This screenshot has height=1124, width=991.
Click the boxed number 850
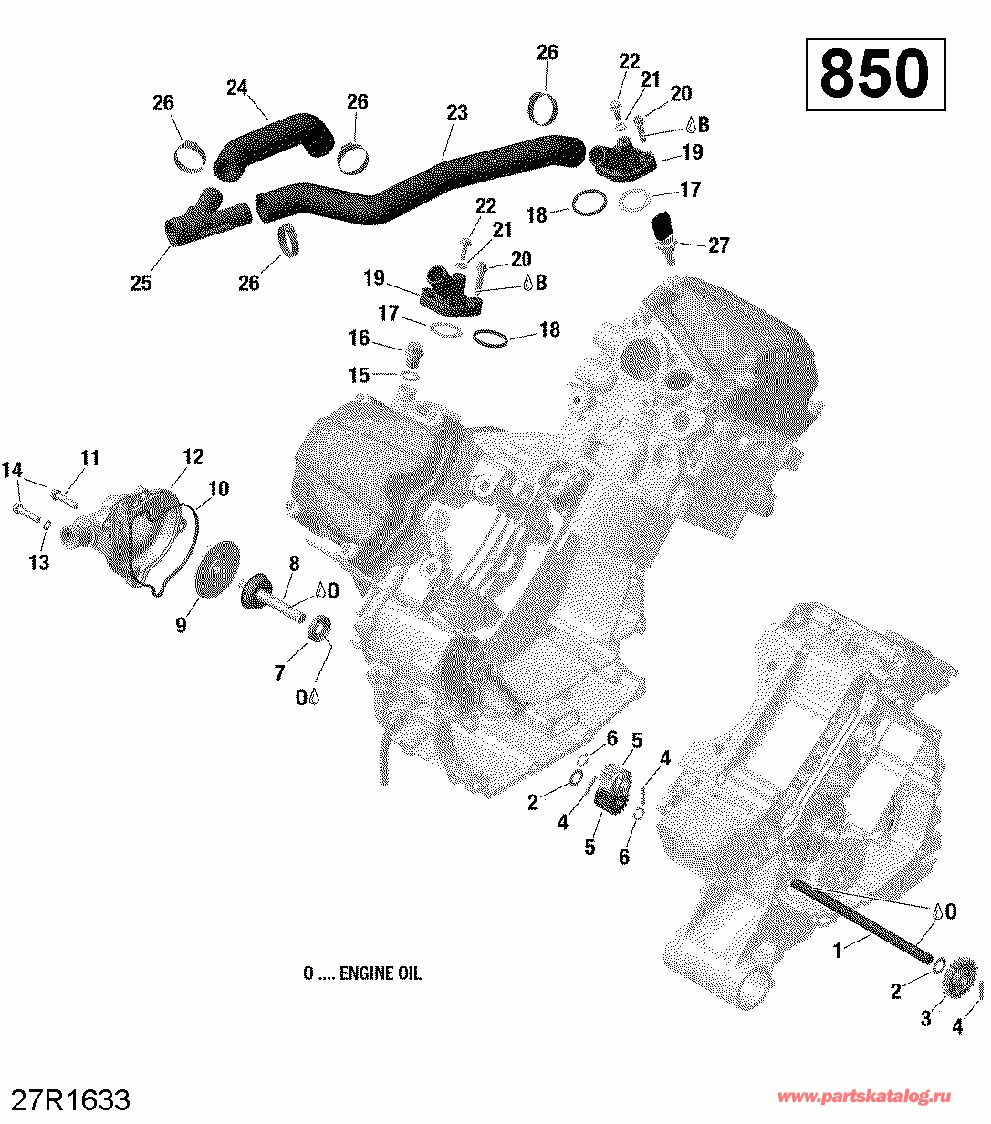pyautogui.click(x=874, y=74)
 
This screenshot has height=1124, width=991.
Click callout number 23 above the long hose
pyautogui.click(x=456, y=112)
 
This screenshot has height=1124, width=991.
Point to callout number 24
pyautogui.click(x=237, y=88)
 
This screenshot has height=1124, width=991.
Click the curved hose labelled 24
pyautogui.click(x=274, y=147)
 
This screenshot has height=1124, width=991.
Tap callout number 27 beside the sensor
pyautogui.click(x=718, y=245)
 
